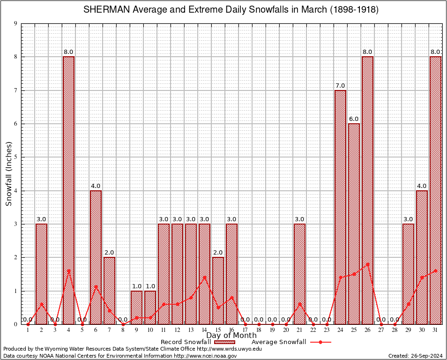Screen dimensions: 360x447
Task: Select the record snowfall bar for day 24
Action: point(340,207)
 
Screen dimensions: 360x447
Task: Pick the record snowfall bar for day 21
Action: point(299,274)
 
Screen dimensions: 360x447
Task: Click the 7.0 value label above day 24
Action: point(340,85)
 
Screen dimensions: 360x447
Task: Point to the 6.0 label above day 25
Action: point(354,119)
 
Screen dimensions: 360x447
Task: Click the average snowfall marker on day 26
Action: point(367,264)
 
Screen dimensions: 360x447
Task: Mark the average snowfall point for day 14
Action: point(204,277)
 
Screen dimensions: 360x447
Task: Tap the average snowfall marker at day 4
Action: point(68,270)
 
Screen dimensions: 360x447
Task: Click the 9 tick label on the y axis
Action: point(15,23)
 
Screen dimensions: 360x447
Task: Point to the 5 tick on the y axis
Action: point(15,157)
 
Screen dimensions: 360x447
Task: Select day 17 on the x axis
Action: point(245,330)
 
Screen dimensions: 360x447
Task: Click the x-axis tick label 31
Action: point(435,330)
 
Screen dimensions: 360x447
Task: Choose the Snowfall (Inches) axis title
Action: point(9,174)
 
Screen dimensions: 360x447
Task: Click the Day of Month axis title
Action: point(231,336)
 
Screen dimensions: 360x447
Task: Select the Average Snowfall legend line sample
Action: point(320,342)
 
